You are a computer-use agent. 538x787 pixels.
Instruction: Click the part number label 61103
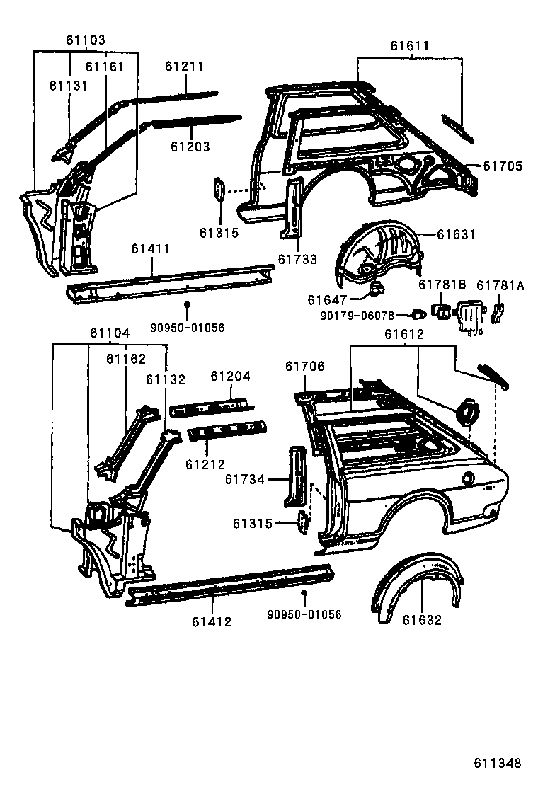[86, 40]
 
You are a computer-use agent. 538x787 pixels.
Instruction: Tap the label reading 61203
[190, 147]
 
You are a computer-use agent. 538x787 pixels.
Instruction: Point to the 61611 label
[410, 47]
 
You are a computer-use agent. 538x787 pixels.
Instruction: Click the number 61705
[503, 166]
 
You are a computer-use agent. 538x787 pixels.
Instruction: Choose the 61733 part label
[297, 260]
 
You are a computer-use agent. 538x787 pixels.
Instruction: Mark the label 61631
[456, 235]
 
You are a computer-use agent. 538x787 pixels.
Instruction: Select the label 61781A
[500, 285]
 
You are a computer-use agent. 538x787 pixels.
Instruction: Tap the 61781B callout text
[442, 285]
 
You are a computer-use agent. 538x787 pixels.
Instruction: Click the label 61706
[305, 366]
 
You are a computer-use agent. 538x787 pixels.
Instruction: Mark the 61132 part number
[166, 379]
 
